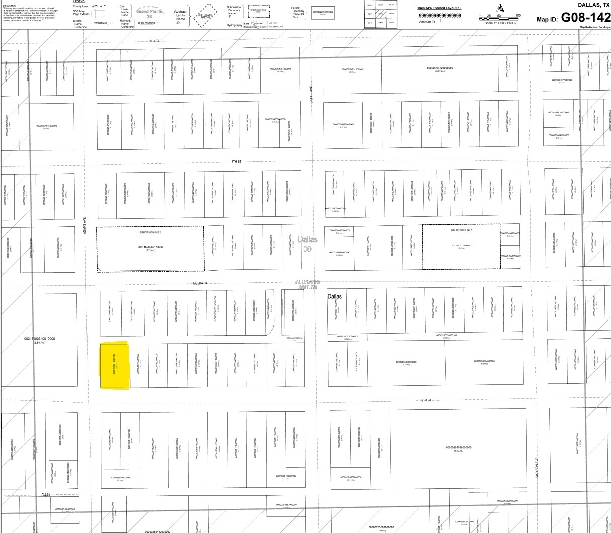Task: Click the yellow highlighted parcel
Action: click(x=115, y=366)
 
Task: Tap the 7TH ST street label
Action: click(x=153, y=41)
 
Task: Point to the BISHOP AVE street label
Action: click(x=311, y=94)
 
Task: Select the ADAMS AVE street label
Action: click(x=85, y=224)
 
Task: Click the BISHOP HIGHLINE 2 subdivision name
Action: click(x=150, y=233)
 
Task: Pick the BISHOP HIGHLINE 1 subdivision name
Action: click(x=461, y=230)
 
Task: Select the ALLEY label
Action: click(x=46, y=495)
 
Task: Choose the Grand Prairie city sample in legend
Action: click(x=149, y=13)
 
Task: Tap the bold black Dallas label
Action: click(x=334, y=296)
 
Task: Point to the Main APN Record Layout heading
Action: click(x=439, y=8)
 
